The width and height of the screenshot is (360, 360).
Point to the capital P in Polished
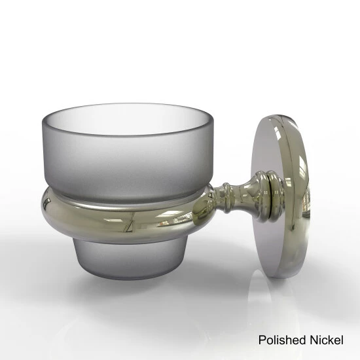coord(262,340)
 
